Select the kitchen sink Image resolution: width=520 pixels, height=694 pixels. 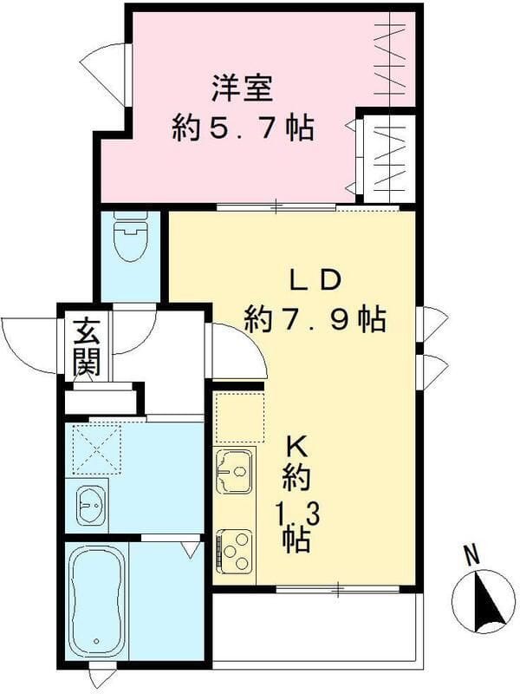(233, 471)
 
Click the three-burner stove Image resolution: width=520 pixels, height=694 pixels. (234, 548)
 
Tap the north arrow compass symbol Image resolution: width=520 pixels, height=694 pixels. (484, 600)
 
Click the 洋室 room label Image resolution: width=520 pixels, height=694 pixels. (242, 89)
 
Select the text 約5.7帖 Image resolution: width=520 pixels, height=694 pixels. (242, 130)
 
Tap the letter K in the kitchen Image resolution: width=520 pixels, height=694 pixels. (297, 448)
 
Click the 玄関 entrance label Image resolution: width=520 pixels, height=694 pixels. (85, 348)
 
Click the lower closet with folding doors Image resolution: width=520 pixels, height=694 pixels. (389, 157)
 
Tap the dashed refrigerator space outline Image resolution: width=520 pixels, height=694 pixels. (238, 416)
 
